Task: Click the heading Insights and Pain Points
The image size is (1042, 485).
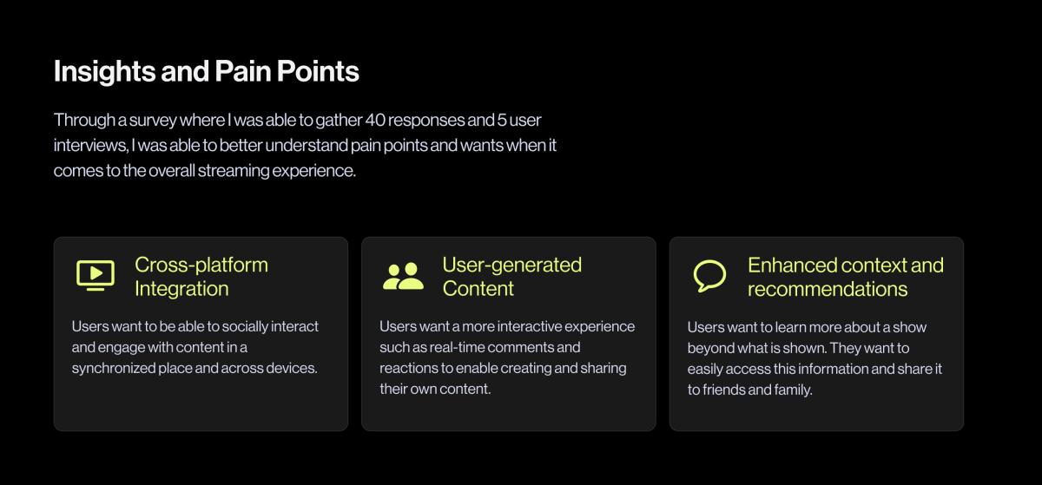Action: [x=207, y=72]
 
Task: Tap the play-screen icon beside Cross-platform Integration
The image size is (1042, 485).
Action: [x=96, y=275]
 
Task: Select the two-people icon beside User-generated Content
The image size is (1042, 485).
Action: [x=403, y=276]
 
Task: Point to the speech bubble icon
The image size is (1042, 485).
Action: [x=709, y=275]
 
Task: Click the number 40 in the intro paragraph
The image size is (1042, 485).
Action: [x=375, y=120]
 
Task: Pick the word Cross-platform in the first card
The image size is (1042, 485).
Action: [x=201, y=265]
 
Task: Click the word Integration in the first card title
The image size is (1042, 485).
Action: [x=181, y=289]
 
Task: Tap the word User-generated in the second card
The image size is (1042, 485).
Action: [x=512, y=265]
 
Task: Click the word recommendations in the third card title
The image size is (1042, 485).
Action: [x=828, y=289]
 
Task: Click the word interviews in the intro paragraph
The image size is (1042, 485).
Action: [x=90, y=146]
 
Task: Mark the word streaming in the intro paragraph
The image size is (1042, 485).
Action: [x=234, y=171]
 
